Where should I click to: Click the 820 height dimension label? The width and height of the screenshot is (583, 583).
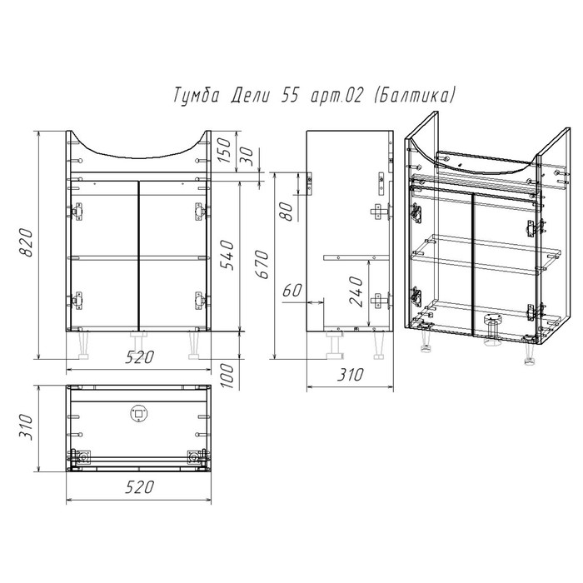pos(26,243)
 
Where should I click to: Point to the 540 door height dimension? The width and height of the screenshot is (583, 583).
pos(227,255)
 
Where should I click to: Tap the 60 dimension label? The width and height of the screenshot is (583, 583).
pos(292,291)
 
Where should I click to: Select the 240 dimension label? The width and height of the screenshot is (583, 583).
pos(356,291)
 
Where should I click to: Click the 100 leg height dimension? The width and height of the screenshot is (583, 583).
pos(227,376)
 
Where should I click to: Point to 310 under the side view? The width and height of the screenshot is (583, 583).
pos(350,375)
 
